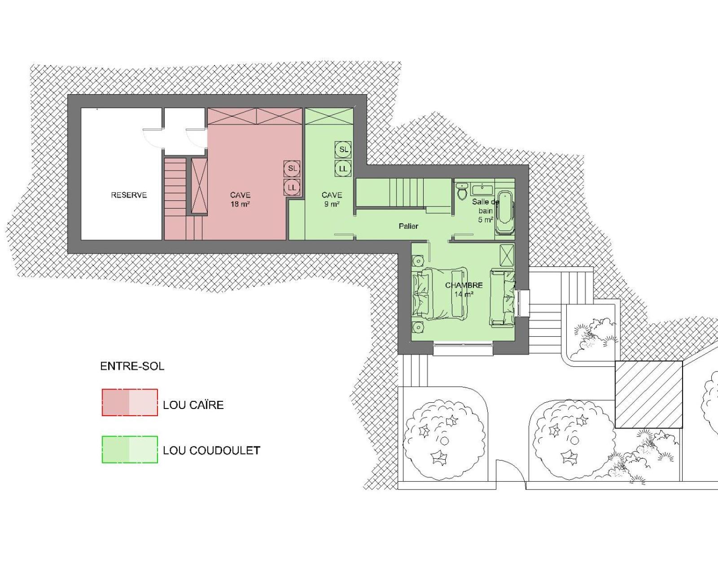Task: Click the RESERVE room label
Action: click(129, 195)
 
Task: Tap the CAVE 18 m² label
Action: click(240, 199)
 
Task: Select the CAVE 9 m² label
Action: click(332, 199)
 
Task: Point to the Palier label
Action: click(408, 226)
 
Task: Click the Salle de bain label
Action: click(486, 210)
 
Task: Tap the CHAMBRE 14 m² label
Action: click(464, 290)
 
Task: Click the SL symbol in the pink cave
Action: click(292, 169)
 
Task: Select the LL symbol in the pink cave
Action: click(292, 187)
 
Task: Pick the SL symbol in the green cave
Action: click(343, 150)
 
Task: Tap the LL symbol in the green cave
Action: click(343, 169)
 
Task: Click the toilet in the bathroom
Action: click(462, 191)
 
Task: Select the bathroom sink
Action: click(482, 189)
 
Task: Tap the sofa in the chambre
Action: click(503, 298)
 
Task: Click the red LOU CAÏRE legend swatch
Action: click(130, 402)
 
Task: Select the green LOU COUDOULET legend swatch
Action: click(130, 449)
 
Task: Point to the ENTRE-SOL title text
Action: click(132, 366)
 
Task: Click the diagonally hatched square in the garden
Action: click(648, 394)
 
